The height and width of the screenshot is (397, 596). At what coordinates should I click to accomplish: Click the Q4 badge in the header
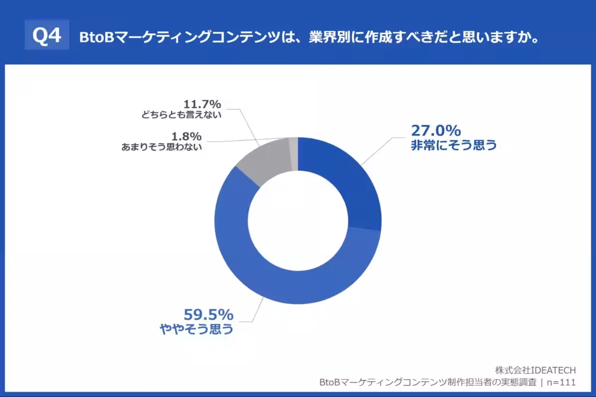click(x=47, y=35)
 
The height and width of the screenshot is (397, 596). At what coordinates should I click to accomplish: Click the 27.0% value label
click(x=436, y=131)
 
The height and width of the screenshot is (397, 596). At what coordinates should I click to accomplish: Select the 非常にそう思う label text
click(x=453, y=146)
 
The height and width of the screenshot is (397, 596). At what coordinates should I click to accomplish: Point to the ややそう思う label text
click(x=196, y=329)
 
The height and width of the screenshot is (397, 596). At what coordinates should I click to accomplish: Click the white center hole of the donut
click(x=298, y=221)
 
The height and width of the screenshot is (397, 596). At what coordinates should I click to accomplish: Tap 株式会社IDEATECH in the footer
click(x=535, y=370)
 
